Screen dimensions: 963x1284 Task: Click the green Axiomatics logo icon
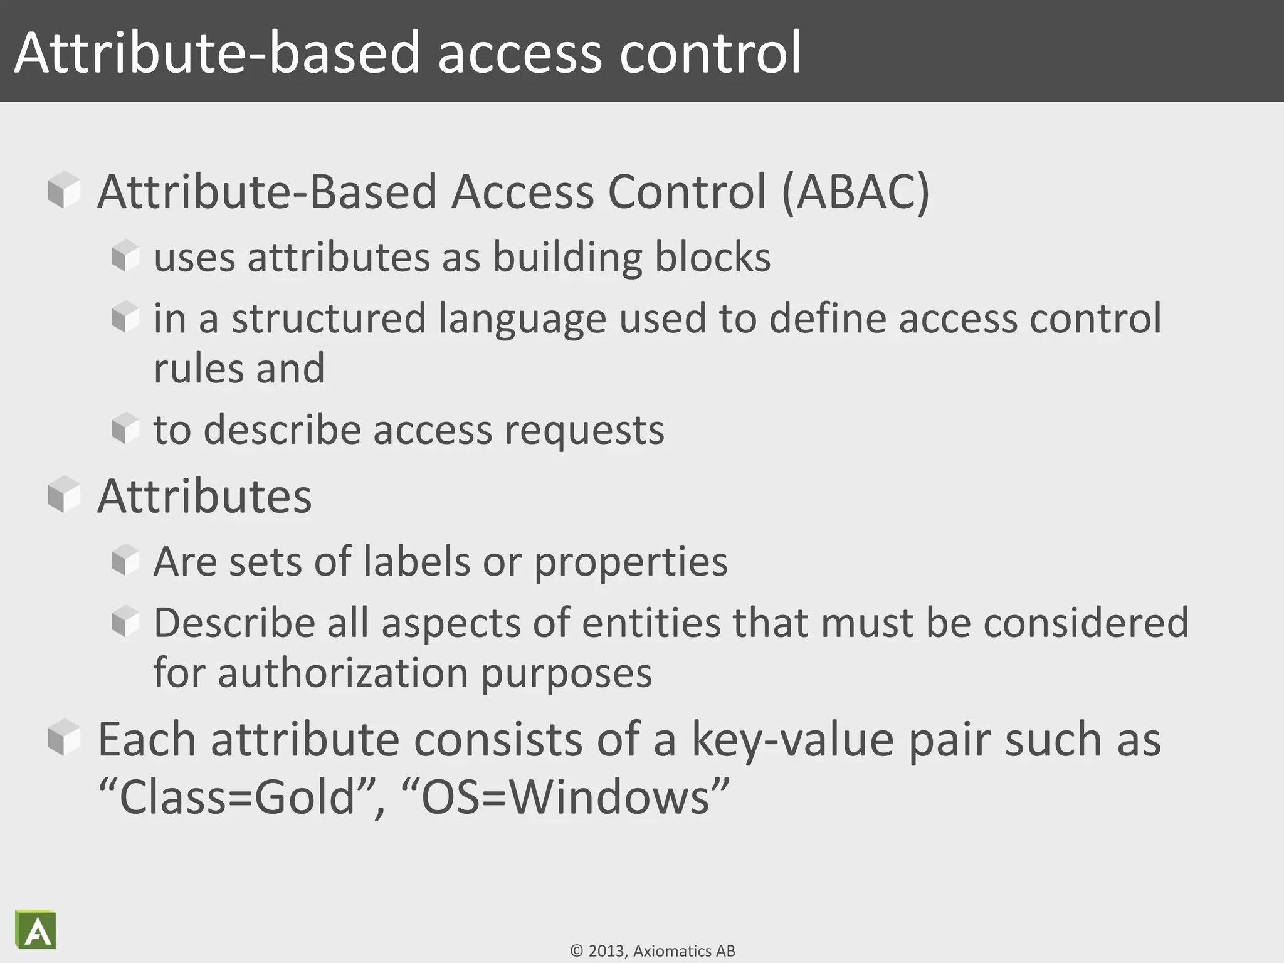click(36, 929)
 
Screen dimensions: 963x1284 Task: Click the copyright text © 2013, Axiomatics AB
click(653, 951)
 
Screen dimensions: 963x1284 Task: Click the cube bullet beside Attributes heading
click(64, 495)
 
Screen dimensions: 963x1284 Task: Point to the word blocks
click(712, 258)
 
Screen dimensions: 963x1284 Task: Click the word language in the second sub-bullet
click(522, 319)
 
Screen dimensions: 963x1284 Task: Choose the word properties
click(631, 562)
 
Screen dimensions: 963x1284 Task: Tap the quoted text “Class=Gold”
click(236, 797)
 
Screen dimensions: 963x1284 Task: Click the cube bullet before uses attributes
click(125, 256)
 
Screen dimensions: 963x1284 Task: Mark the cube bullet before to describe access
click(125, 428)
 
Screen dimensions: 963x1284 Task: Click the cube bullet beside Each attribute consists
click(64, 738)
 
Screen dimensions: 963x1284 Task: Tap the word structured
click(329, 319)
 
